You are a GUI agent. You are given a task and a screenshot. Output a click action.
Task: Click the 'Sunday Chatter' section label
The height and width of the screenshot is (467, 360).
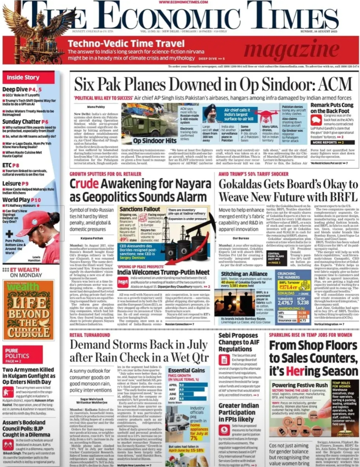point(21,122)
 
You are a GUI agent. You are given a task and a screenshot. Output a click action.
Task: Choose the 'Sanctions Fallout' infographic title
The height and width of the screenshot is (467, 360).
point(140,209)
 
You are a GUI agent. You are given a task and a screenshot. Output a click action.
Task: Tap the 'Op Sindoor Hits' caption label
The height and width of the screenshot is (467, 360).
point(149,140)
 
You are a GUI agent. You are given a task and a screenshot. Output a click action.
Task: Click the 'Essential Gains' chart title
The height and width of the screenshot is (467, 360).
point(186,370)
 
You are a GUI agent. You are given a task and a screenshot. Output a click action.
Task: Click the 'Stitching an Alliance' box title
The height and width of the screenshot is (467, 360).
point(244,274)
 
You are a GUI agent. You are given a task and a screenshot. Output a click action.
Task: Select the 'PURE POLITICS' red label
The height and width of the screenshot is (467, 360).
point(18,354)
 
